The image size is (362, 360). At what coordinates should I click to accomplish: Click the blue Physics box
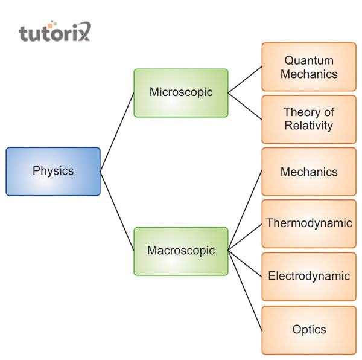coord(53,172)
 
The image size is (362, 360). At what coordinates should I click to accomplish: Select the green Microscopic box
coord(181,92)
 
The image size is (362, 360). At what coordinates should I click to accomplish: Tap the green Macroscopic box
coord(181,251)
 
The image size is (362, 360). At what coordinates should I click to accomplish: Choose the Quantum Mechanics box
coord(309,67)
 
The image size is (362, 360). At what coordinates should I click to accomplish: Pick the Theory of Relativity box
coord(309,119)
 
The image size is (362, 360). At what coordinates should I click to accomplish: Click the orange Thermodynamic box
coord(309,223)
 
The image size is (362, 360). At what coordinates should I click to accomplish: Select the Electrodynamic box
coord(309,276)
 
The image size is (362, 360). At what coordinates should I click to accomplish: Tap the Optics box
coord(309,330)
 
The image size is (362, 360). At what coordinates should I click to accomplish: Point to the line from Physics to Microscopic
coord(117,132)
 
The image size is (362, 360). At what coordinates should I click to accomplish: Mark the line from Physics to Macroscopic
coord(117,211)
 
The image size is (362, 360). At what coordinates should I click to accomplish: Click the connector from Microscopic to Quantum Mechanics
coord(245,80)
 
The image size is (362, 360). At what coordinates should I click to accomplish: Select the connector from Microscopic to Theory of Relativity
coord(245,106)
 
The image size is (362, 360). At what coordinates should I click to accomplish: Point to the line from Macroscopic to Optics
coord(245,289)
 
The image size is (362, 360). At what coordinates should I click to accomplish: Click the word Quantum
coord(309,60)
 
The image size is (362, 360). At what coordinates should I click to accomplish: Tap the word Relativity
coord(309,126)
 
